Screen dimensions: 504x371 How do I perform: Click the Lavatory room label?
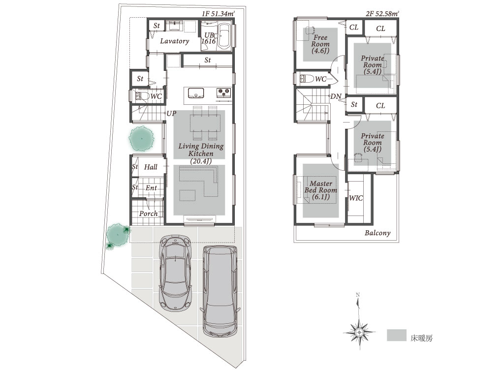pyautogui.click(x=175, y=41)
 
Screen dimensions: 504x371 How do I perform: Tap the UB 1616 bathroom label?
pyautogui.click(x=209, y=38)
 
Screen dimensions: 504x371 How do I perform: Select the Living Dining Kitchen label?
pyautogui.click(x=201, y=153)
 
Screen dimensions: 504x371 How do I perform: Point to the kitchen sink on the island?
pyautogui.click(x=196, y=93)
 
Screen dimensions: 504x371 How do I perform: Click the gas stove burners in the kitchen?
pyautogui.click(x=224, y=93)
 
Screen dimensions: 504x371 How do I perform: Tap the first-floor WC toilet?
pyautogui.click(x=142, y=96)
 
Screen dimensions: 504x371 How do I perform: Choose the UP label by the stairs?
pyautogui.click(x=171, y=113)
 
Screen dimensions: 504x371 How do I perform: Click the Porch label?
pyautogui.click(x=148, y=214)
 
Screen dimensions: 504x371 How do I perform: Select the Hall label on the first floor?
pyautogui.click(x=151, y=167)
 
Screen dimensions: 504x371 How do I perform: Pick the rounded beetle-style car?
pyautogui.click(x=176, y=273)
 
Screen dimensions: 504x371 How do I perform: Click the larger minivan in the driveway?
pyautogui.click(x=220, y=291)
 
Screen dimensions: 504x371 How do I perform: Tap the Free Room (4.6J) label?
pyautogui.click(x=320, y=44)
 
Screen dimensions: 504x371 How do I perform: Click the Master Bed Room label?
pyautogui.click(x=321, y=190)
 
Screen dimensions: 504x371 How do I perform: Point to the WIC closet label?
pyautogui.click(x=356, y=198)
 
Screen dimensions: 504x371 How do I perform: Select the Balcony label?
pyautogui.click(x=378, y=233)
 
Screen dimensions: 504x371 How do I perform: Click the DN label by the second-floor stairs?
pyautogui.click(x=336, y=96)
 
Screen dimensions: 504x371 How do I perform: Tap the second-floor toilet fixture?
pyautogui.click(x=307, y=79)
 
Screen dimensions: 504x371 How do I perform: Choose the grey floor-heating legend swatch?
pyautogui.click(x=397, y=335)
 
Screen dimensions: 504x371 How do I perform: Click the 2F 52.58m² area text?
pyautogui.click(x=382, y=14)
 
